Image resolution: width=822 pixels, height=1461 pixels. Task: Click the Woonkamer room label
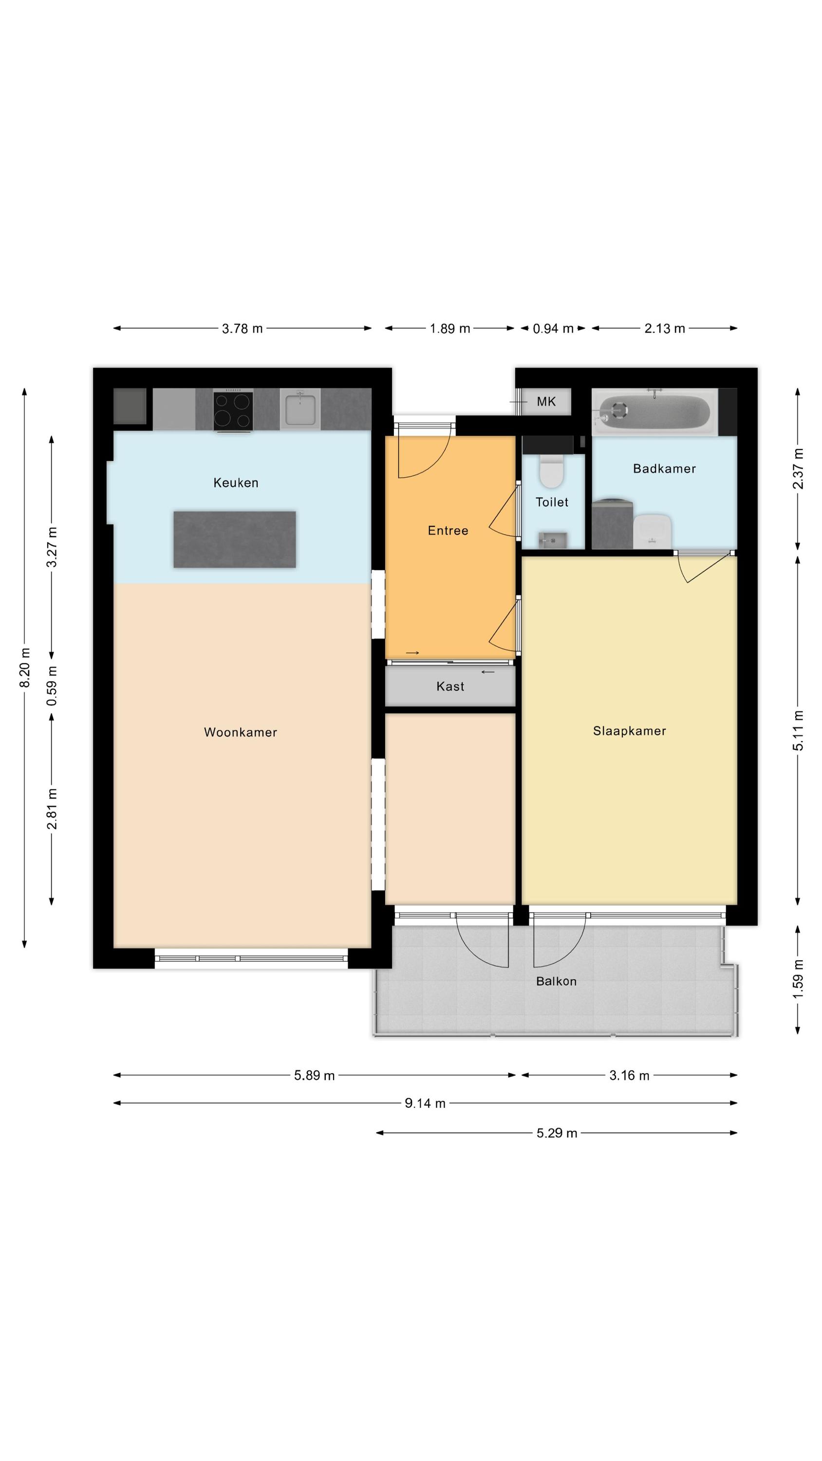pyautogui.click(x=241, y=731)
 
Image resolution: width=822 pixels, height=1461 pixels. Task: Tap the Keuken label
pyautogui.click(x=236, y=483)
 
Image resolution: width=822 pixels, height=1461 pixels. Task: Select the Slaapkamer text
pyautogui.click(x=629, y=731)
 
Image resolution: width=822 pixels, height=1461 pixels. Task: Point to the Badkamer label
pyautogui.click(x=664, y=468)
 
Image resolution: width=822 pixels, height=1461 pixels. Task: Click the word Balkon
pyautogui.click(x=556, y=981)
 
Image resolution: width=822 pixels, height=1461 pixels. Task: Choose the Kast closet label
pyautogui.click(x=450, y=686)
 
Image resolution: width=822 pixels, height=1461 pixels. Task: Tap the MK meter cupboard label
pyautogui.click(x=546, y=402)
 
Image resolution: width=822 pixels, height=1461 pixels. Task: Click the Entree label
pyautogui.click(x=448, y=530)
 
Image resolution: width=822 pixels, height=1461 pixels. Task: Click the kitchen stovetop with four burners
pyautogui.click(x=233, y=410)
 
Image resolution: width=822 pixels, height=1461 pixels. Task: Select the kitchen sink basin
pyautogui.click(x=300, y=409)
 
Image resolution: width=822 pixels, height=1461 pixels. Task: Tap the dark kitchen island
pyautogui.click(x=235, y=540)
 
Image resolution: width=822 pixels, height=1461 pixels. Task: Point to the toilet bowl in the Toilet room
pyautogui.click(x=551, y=471)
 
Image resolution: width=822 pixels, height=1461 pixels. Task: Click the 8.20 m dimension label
pyautogui.click(x=24, y=668)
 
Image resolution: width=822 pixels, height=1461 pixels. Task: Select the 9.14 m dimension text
pyautogui.click(x=425, y=1103)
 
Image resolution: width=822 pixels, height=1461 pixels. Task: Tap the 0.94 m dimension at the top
pyautogui.click(x=553, y=328)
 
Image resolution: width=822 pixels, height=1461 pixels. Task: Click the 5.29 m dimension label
pyautogui.click(x=557, y=1133)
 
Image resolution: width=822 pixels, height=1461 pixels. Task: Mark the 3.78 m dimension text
pyautogui.click(x=242, y=328)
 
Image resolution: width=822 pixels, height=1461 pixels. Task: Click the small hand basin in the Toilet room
pyautogui.click(x=553, y=540)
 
